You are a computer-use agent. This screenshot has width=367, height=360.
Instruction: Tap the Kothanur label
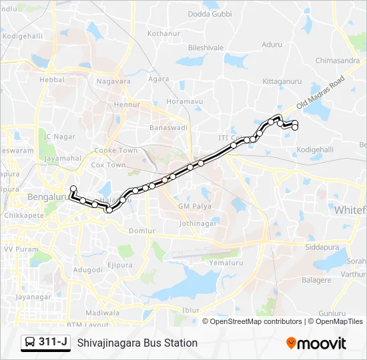(x=164, y=33)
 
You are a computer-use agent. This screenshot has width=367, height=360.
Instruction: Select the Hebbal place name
(x=52, y=79)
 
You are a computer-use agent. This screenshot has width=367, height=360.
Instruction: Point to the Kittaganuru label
(x=283, y=81)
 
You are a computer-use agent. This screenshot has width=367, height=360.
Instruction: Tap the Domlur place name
(x=141, y=230)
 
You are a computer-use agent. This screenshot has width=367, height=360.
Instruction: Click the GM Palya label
(x=194, y=207)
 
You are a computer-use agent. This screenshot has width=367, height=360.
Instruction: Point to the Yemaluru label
(x=224, y=262)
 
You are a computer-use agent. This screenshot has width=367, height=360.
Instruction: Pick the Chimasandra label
(x=338, y=61)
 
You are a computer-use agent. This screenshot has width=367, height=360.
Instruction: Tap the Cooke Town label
(x=115, y=151)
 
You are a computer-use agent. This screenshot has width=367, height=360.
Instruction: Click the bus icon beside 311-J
(x=31, y=343)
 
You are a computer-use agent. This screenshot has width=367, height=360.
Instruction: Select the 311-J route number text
(x=53, y=343)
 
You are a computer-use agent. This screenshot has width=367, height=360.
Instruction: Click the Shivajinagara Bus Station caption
(x=137, y=343)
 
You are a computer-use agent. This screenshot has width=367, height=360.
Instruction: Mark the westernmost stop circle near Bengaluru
(x=73, y=189)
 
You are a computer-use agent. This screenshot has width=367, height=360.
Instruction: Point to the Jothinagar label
(x=198, y=223)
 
